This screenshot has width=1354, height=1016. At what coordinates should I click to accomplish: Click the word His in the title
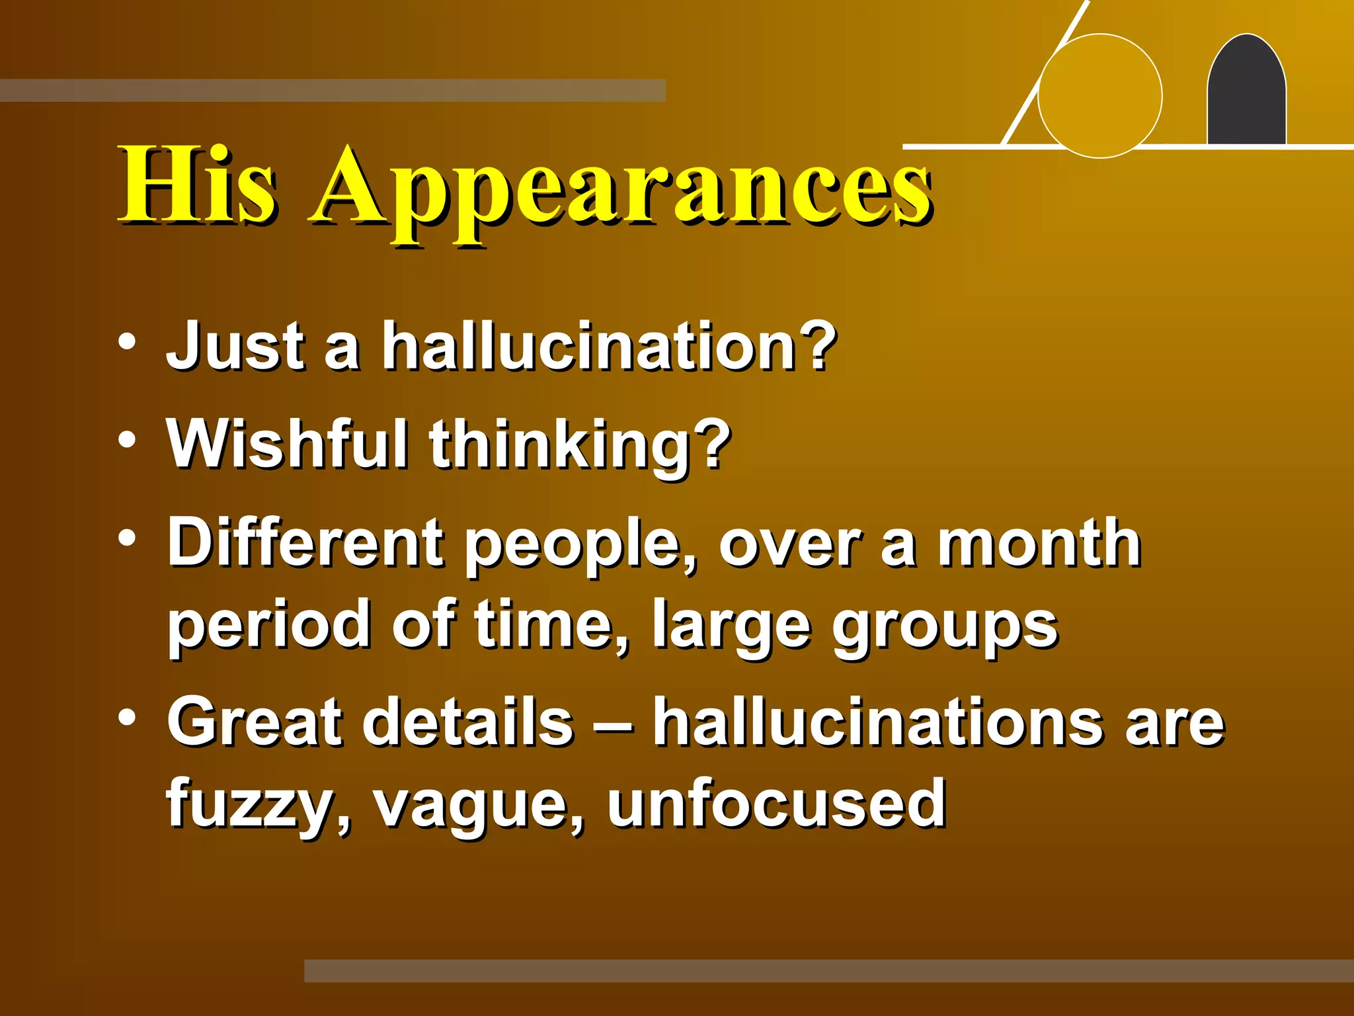click(x=197, y=185)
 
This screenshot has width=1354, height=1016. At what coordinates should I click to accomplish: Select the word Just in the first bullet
click(x=235, y=345)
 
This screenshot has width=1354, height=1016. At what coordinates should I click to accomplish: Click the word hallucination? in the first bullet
click(x=608, y=345)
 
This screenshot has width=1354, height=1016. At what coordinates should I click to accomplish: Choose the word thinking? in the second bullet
click(x=580, y=446)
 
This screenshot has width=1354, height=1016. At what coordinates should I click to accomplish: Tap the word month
click(x=1039, y=544)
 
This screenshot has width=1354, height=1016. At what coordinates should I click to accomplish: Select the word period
click(x=268, y=625)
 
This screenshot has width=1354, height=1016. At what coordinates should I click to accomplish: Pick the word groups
click(x=945, y=627)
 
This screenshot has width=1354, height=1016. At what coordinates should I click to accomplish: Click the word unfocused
click(x=776, y=803)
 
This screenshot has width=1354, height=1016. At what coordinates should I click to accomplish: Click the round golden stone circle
click(x=1099, y=96)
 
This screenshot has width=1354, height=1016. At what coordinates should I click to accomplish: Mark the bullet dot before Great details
click(x=128, y=717)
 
